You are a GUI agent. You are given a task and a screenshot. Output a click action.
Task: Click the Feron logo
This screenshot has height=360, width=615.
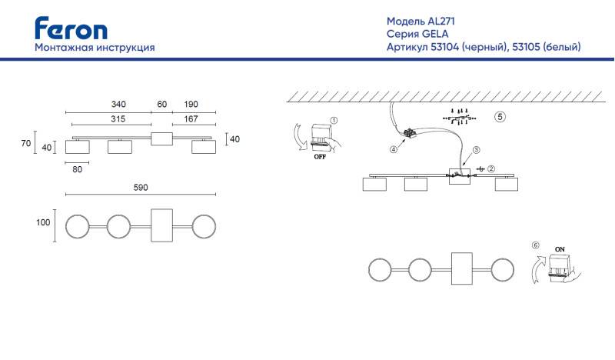click(71, 28)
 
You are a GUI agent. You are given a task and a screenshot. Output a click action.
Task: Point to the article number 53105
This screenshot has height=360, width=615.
click(526, 47)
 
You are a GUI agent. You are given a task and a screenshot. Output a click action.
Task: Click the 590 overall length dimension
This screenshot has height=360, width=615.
click(141, 188)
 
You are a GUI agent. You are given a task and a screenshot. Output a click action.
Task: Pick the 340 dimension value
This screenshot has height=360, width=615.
click(118, 104)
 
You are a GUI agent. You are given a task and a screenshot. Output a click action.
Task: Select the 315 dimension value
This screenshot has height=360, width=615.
click(118, 118)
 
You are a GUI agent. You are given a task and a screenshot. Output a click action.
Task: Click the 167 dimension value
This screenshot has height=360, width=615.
click(191, 118)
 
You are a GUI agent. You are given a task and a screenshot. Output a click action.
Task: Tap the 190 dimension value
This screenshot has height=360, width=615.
click(191, 104)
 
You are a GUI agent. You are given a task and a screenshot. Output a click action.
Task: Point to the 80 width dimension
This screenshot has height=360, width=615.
click(78, 169)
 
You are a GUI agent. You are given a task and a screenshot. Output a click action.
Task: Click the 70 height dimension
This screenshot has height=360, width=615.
click(26, 143)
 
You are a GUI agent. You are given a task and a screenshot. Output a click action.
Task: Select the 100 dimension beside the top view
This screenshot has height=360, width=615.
click(43, 222)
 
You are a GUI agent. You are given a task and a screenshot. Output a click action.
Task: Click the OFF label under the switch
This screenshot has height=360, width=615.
click(320, 157)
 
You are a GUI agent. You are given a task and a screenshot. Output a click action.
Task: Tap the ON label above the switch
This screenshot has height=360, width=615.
click(560, 249)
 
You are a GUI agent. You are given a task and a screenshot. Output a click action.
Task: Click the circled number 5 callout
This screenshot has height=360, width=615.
click(500, 117)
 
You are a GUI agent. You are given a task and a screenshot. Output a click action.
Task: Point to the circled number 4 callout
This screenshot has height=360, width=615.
click(394, 149)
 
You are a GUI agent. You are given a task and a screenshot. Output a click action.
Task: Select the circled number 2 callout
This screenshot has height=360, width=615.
click(491, 168)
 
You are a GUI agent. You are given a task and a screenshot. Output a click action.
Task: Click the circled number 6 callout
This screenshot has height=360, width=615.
click(535, 245)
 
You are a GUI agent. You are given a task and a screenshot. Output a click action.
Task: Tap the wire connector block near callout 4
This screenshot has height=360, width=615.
click(410, 133)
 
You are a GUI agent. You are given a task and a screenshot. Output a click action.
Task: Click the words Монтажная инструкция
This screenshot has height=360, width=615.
click(95, 48)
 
